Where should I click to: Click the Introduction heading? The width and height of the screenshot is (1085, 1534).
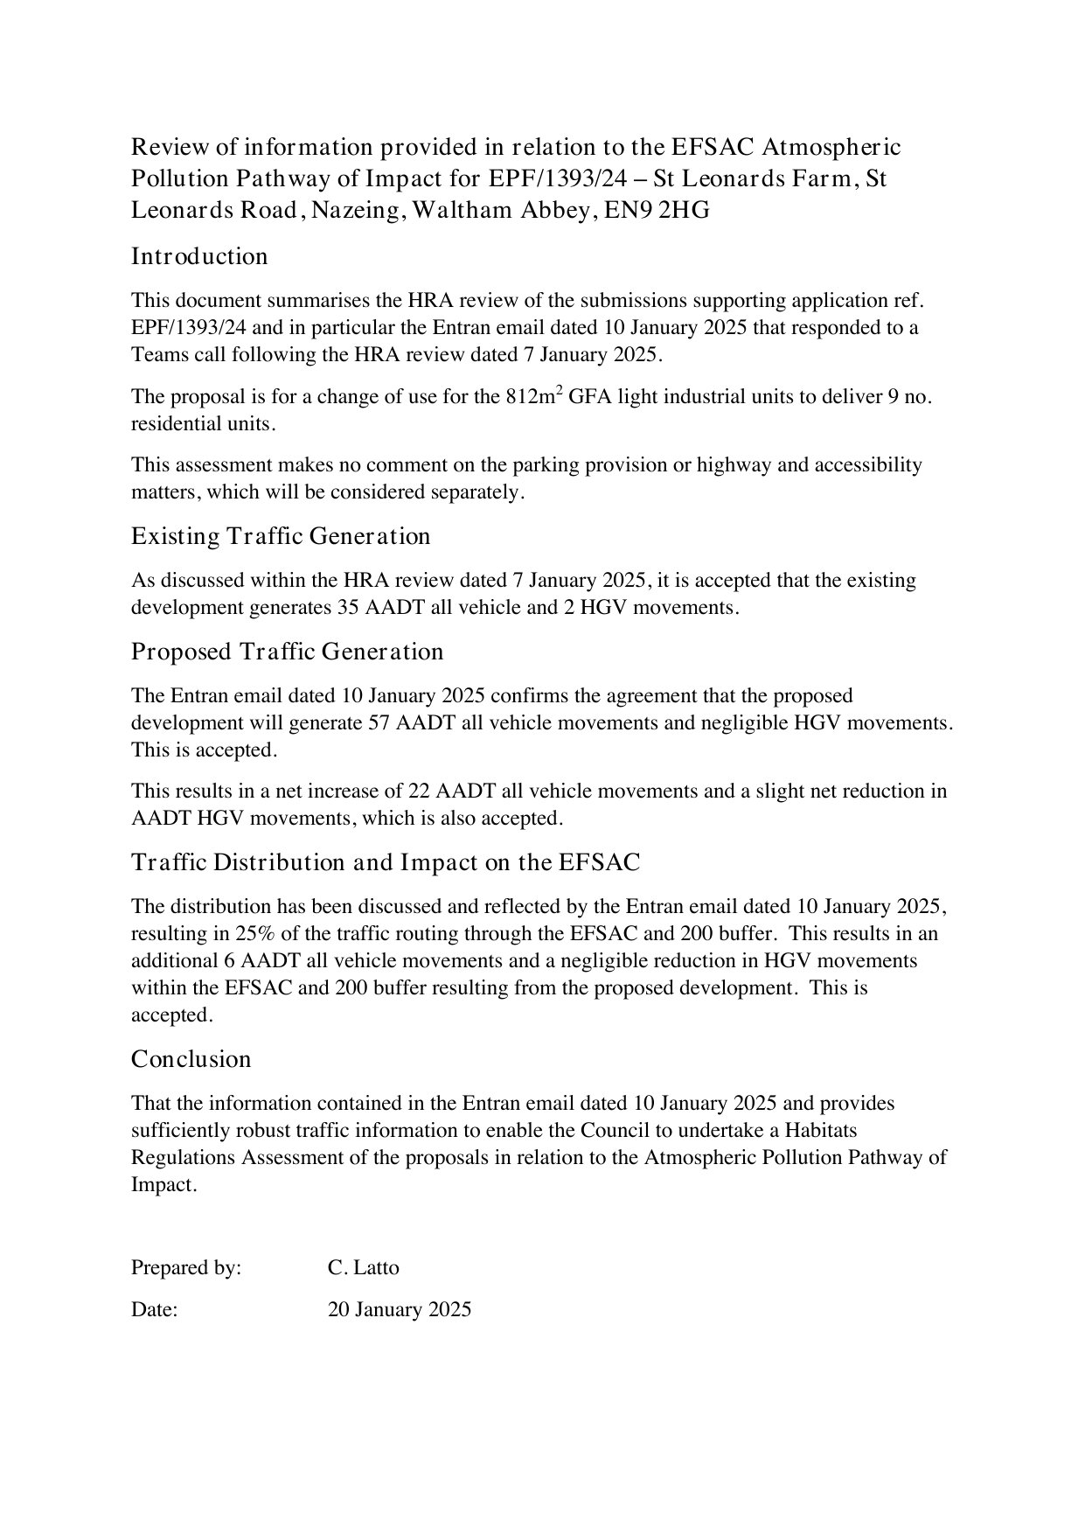click(x=199, y=256)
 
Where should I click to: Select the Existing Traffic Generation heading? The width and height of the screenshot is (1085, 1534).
click(x=281, y=536)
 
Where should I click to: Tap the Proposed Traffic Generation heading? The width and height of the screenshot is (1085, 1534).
click(x=287, y=652)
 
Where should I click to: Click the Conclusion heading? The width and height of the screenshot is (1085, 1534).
click(x=191, y=1059)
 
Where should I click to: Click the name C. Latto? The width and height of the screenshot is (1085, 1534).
click(x=363, y=1267)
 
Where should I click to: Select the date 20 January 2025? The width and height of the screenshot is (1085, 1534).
click(x=399, y=1309)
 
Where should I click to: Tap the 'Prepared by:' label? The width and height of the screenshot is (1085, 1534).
click(x=186, y=1267)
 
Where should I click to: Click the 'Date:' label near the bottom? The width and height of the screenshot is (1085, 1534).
click(x=155, y=1309)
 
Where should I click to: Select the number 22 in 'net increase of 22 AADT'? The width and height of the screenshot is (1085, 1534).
click(x=419, y=791)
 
